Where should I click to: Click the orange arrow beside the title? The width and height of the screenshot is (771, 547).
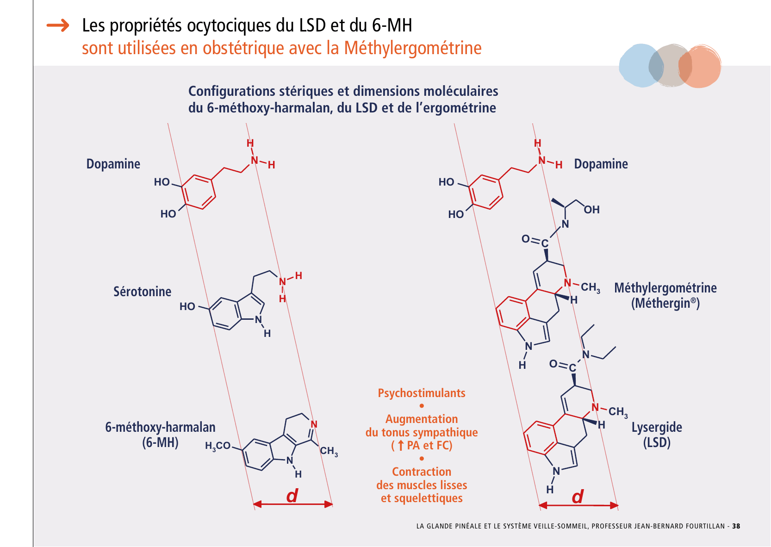click(x=58, y=25)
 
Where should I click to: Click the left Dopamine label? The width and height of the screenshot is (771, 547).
click(x=113, y=164)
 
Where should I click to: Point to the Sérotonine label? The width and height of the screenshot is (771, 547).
click(x=142, y=292)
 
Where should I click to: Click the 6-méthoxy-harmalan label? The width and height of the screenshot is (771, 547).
click(x=160, y=427)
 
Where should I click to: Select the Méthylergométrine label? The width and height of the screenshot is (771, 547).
click(x=665, y=288)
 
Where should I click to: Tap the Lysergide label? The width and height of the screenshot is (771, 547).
click(x=656, y=427)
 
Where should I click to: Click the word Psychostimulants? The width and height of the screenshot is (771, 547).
click(x=422, y=393)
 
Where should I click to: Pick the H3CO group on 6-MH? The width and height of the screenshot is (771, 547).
click(x=218, y=446)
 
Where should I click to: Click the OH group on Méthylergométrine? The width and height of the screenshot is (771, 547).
click(x=591, y=210)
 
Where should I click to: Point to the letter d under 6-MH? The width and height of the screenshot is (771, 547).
click(x=292, y=496)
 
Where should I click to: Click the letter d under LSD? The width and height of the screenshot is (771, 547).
click(x=578, y=497)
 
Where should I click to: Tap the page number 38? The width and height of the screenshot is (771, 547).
click(x=736, y=526)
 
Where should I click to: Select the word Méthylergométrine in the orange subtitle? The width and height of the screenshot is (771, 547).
click(x=412, y=48)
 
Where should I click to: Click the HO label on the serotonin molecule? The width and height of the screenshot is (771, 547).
click(x=187, y=306)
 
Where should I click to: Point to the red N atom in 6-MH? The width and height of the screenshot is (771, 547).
click(x=314, y=424)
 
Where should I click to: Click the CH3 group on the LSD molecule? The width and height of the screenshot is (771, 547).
click(x=618, y=411)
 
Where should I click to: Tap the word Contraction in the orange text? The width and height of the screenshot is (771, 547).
click(x=422, y=472)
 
